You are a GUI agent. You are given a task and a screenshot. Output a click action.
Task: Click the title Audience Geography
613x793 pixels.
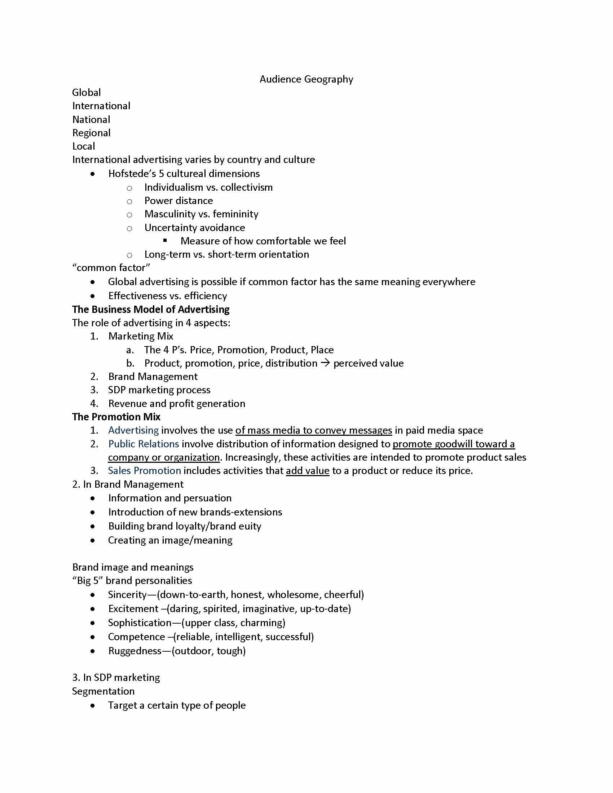pos(306,79)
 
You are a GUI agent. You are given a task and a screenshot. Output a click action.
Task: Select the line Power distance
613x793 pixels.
pos(178,201)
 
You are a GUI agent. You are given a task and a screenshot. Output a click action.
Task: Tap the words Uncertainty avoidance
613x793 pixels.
pos(194,228)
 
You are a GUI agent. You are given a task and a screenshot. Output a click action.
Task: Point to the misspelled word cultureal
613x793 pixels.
pos(186,174)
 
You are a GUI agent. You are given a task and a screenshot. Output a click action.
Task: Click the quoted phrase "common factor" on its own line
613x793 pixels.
pos(111,268)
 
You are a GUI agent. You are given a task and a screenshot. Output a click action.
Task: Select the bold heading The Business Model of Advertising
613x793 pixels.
pos(151,309)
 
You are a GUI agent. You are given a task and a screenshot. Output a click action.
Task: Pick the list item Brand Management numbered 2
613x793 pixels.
pos(153,377)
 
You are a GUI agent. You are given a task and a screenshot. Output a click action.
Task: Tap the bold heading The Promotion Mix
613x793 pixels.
pos(116,417)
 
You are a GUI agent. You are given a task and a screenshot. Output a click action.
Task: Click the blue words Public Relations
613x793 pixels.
pos(144,444)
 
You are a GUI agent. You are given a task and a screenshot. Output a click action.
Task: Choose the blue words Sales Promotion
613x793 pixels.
pos(144,470)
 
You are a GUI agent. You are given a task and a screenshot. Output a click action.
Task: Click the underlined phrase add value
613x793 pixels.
pos(307,470)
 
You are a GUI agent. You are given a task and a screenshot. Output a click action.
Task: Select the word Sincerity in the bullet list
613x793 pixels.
pos(127,595)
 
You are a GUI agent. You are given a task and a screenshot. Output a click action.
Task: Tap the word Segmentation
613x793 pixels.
pos(103,691)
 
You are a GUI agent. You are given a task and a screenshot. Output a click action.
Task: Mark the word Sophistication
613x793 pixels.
pos(140,623)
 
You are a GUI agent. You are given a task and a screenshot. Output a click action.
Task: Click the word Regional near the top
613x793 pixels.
pos(91,133)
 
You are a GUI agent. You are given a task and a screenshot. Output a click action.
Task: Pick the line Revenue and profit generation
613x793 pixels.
pos(176,403)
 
